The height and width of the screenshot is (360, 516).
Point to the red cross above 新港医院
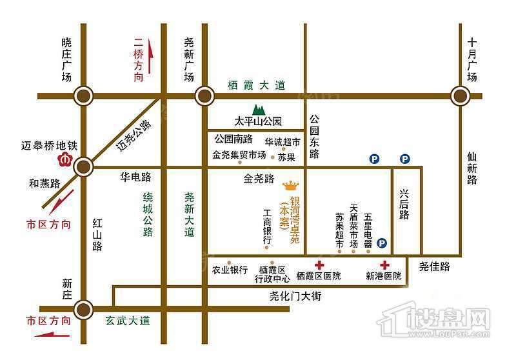385,265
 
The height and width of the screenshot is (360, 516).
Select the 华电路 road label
135,175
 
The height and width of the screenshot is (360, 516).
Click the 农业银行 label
229,270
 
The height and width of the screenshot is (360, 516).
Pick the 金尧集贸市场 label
239,155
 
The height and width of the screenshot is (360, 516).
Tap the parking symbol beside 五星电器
382,243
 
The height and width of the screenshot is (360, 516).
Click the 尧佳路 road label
434,265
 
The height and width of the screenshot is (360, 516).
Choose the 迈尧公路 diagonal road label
134,135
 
